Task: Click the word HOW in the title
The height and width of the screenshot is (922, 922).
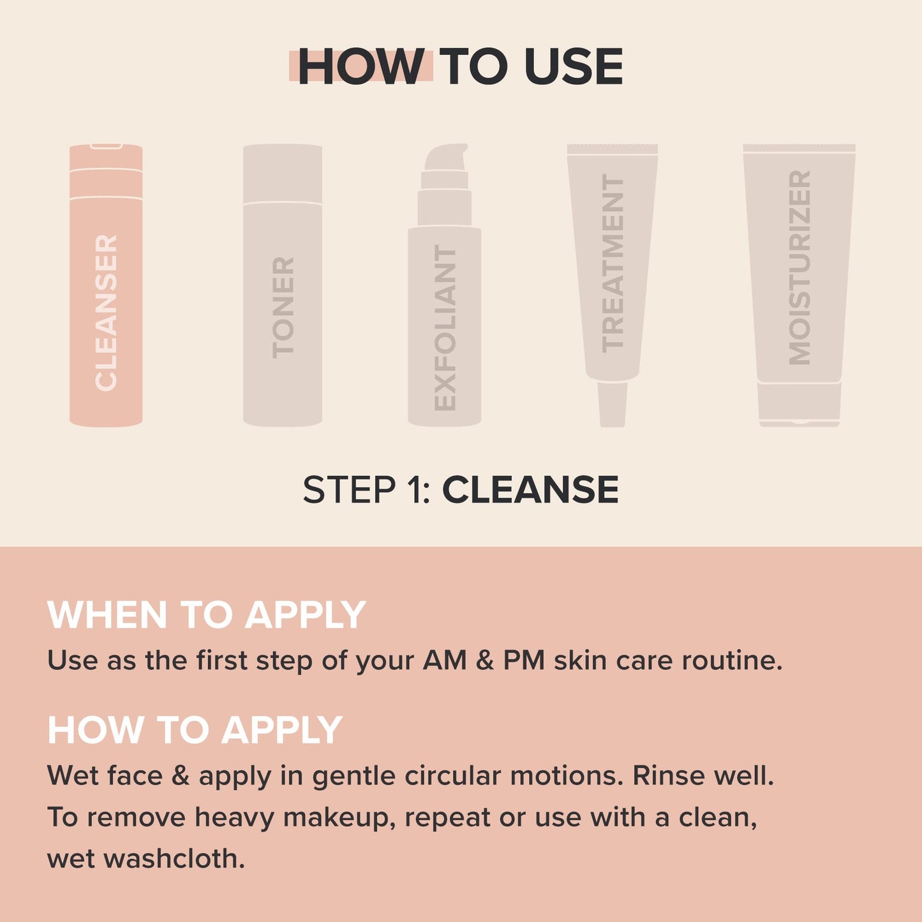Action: point(361,66)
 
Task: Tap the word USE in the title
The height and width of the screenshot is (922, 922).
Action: point(573,66)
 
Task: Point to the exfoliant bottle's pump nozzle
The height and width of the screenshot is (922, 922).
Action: point(447,156)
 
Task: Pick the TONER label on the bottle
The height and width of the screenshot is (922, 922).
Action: point(283,308)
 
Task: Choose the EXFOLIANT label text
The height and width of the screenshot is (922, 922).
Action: point(445,328)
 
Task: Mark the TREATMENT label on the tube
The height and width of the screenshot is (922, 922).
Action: point(613,264)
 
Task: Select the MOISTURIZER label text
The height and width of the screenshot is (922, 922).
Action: point(799,268)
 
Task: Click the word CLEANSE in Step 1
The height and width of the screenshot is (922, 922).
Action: point(530,490)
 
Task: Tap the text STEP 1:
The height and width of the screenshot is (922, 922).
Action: point(367,490)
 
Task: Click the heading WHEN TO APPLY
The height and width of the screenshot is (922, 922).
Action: point(206,615)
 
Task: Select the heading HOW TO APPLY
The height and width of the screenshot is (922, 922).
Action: point(195,730)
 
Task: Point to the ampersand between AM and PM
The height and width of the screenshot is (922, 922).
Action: point(485,660)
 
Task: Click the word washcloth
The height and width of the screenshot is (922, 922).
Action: point(174,859)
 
